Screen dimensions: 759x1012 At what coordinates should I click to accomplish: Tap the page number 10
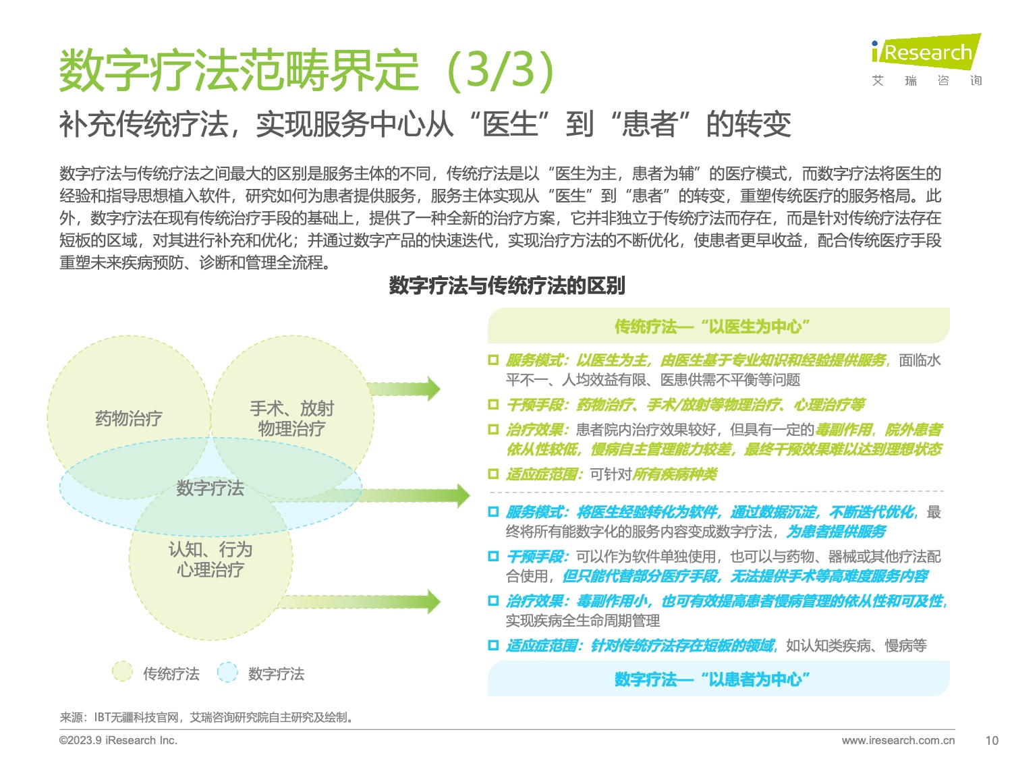click(x=991, y=740)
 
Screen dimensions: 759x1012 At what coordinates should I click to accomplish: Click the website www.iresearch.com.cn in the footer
click(x=898, y=740)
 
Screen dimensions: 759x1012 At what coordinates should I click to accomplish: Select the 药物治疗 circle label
click(x=128, y=418)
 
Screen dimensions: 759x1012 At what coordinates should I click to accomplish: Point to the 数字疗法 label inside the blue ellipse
click(x=210, y=488)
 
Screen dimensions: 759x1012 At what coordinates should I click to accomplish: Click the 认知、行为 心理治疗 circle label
click(x=210, y=559)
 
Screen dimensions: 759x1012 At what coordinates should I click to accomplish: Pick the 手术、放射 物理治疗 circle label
click(x=291, y=418)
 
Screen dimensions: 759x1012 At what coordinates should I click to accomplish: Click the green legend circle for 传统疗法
click(x=122, y=672)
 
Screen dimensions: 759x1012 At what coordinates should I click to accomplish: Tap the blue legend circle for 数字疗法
click(x=227, y=672)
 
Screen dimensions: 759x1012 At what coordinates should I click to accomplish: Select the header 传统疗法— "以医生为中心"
click(x=712, y=327)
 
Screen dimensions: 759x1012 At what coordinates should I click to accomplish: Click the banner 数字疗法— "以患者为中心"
click(x=712, y=679)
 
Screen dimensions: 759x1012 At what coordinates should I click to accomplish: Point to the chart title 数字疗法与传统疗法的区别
click(x=507, y=285)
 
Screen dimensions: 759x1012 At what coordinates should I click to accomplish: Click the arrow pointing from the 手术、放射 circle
click(x=405, y=389)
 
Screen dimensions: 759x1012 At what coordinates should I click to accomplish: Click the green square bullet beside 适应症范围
click(x=493, y=474)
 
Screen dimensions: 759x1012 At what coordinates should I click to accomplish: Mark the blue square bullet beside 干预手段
click(x=493, y=556)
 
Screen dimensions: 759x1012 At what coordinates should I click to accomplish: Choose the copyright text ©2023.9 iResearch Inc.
click(x=118, y=740)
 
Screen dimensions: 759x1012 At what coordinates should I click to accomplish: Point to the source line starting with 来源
click(x=206, y=717)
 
